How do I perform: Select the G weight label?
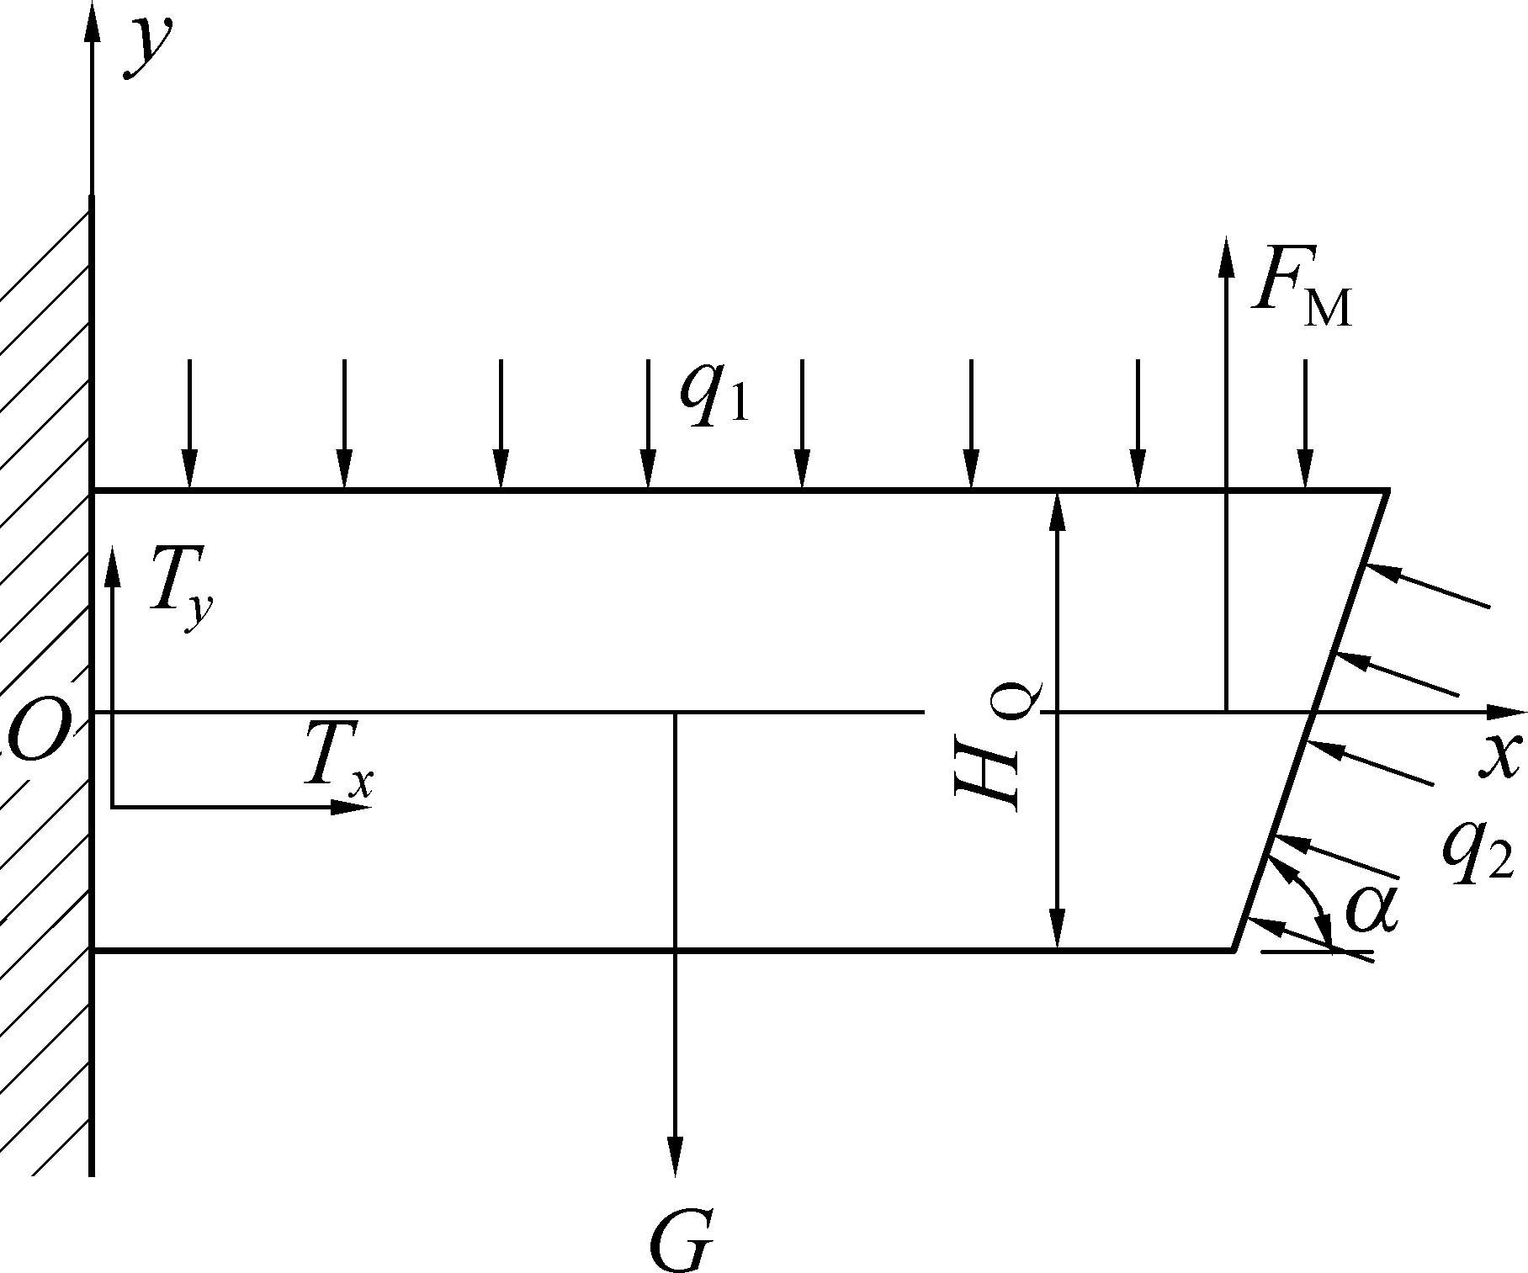(680, 1239)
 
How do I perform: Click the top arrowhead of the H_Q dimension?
(1058, 512)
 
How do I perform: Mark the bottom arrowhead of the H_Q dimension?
(1058, 929)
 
